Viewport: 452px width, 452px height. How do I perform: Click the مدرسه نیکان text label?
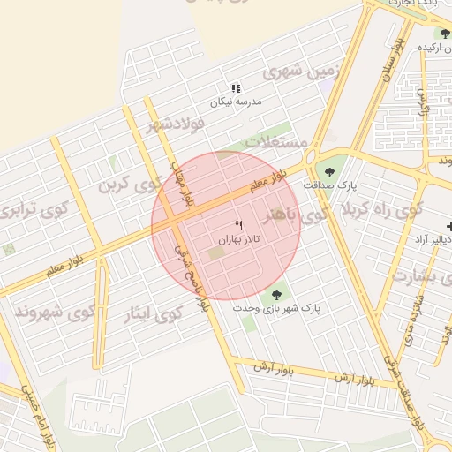(236, 102)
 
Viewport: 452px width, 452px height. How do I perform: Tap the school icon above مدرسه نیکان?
(236, 88)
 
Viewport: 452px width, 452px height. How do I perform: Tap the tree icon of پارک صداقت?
(330, 172)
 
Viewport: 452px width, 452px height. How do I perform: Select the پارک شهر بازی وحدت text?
(276, 308)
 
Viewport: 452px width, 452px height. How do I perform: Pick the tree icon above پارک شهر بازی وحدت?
(276, 295)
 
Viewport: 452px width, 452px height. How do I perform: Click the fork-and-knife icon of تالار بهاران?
(238, 226)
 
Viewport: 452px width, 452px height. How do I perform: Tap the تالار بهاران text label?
(238, 239)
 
